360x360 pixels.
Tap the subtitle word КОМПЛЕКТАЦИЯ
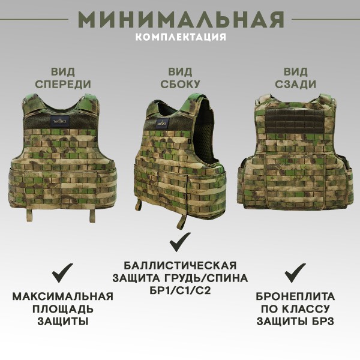pos(181,37)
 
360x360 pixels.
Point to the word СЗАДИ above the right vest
pos(299,84)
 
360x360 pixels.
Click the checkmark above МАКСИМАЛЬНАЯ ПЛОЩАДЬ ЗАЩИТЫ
pos(62,273)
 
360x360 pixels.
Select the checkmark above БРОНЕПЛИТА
pos(295,273)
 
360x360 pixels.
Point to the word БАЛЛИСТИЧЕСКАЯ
pos(180,266)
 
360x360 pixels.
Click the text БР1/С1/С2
pos(180,291)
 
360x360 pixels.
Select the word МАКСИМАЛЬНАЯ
pos(62,296)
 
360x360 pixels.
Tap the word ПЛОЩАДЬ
pos(62,308)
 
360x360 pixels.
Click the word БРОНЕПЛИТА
pos(295,296)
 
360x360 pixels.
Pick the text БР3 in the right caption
pos(322,321)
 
